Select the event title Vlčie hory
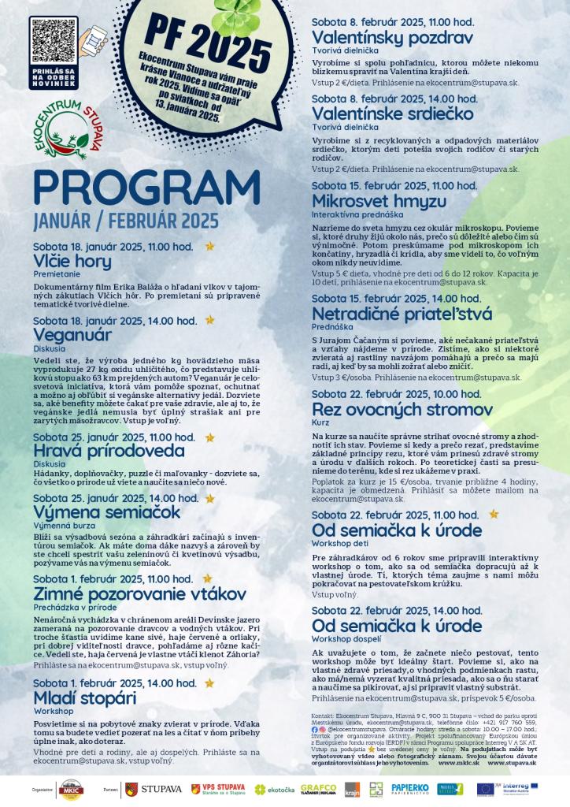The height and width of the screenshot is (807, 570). point(72,261)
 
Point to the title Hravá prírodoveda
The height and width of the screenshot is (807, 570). point(109,451)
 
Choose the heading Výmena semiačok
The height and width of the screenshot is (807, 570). point(107,512)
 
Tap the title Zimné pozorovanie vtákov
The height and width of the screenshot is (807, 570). point(140,593)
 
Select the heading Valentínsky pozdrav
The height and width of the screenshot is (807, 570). point(392,38)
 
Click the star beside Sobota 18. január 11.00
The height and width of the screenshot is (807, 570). point(209,246)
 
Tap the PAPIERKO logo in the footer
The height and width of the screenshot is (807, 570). point(409,787)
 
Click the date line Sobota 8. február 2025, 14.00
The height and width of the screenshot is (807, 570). point(394,99)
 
